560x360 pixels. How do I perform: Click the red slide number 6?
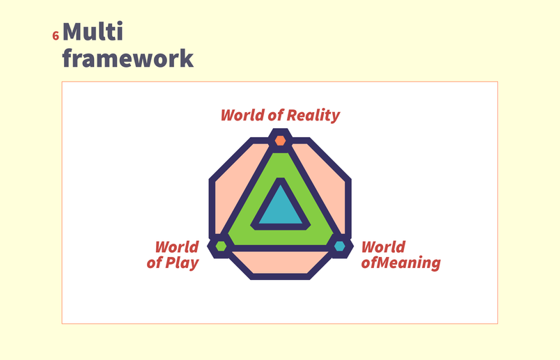click(x=55, y=36)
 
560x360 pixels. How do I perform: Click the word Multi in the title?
click(x=93, y=31)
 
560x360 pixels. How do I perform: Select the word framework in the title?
click(x=128, y=58)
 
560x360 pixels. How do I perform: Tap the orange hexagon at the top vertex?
click(x=281, y=141)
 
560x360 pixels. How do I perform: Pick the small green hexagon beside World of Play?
click(x=221, y=246)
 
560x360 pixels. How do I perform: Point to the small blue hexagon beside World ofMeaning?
click(x=340, y=246)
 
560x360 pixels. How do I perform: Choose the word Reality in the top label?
click(x=313, y=116)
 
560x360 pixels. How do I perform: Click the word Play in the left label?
click(x=182, y=263)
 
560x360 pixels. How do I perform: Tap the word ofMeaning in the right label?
click(x=400, y=263)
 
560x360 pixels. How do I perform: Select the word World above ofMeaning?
click(x=384, y=247)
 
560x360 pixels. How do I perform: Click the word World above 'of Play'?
click(x=177, y=247)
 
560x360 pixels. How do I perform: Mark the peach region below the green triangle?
click(x=281, y=263)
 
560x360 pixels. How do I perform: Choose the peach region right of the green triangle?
click(x=326, y=186)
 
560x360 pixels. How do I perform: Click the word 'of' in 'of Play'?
click(x=155, y=263)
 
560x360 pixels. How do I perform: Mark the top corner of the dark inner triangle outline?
click(x=281, y=178)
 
